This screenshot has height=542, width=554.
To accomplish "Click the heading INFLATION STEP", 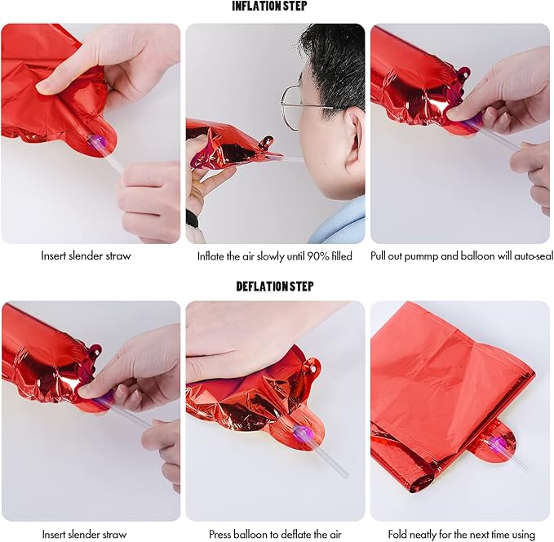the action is tap(269, 6).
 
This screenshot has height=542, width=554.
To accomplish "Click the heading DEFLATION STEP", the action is tap(274, 286).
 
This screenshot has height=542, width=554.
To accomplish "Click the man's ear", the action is tap(355, 135).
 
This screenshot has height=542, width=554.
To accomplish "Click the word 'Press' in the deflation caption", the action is tap(219, 534).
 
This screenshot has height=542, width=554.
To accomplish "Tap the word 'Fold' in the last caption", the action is tap(397, 534).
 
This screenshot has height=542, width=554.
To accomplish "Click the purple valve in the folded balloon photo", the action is tap(499, 442).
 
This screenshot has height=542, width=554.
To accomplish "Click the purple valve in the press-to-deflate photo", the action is tap(302, 433).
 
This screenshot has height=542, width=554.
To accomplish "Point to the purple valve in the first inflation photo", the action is tap(98, 142).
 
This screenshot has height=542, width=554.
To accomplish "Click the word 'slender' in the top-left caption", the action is tap(85, 255).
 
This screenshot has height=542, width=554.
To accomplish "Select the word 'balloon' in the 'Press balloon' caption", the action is tap(250, 534).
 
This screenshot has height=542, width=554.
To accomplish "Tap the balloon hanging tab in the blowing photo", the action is tap(267, 142).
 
